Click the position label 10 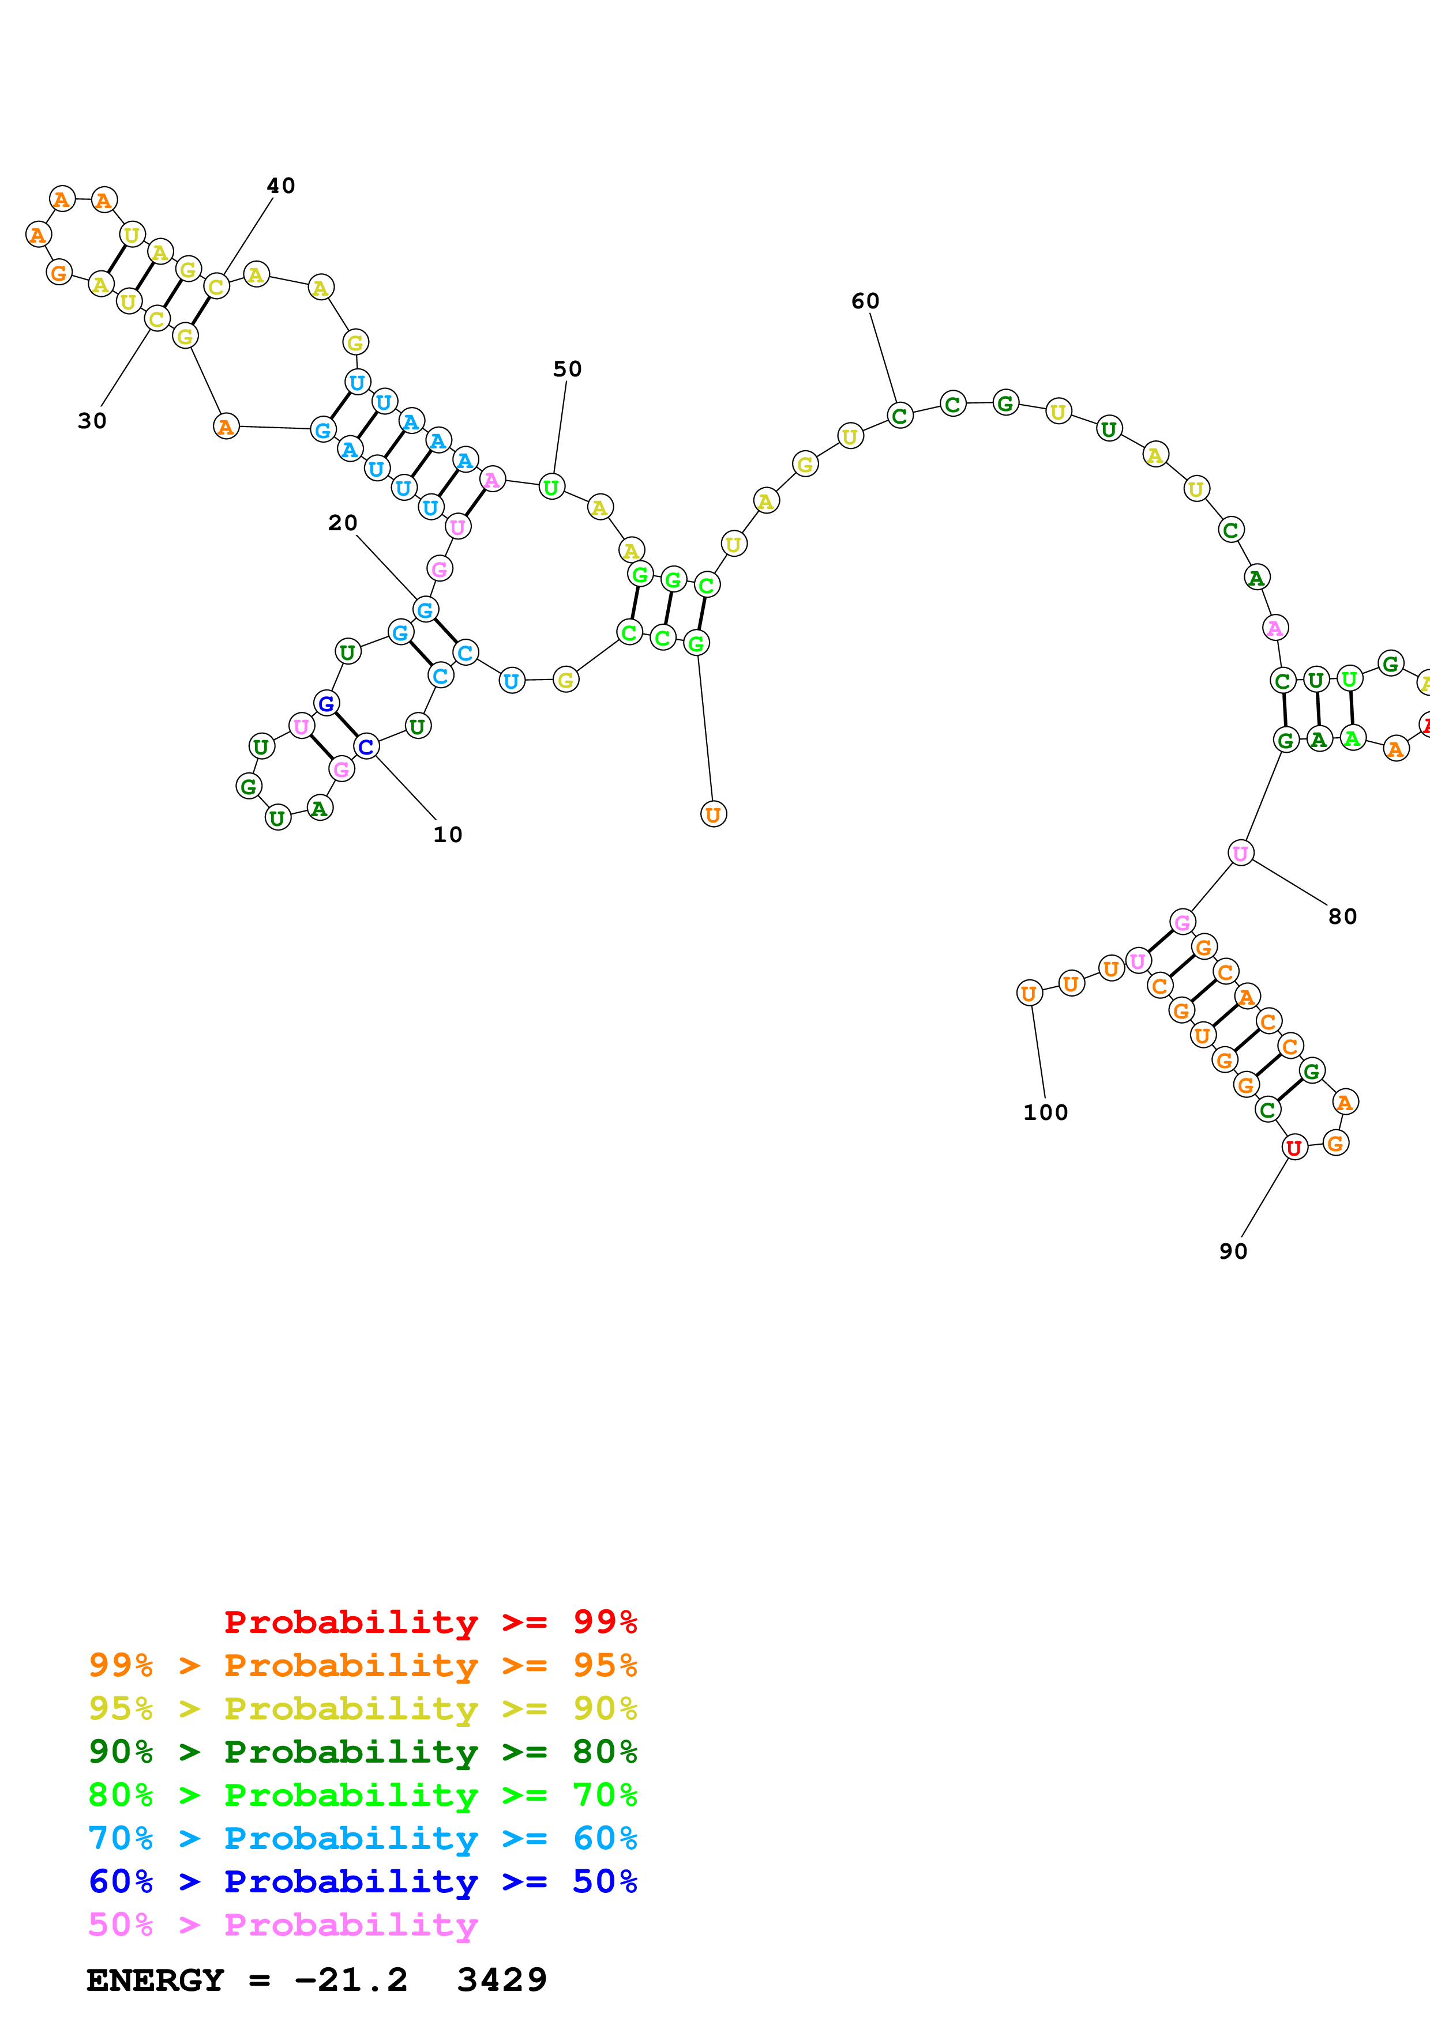click(x=448, y=834)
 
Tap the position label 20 click(x=343, y=523)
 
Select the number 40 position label click(x=281, y=186)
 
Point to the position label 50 click(x=568, y=369)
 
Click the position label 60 click(x=865, y=301)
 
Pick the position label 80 click(x=1343, y=917)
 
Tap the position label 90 click(x=1233, y=1251)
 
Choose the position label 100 click(x=1046, y=1112)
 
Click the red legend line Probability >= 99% click(x=430, y=1621)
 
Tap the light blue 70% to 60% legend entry click(x=362, y=1838)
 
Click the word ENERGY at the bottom click(x=155, y=1980)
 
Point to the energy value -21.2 click(x=351, y=1980)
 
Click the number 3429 click(x=502, y=1980)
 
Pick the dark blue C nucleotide click(x=366, y=747)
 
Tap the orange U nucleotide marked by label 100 click(x=1029, y=993)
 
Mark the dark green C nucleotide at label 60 click(x=899, y=416)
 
